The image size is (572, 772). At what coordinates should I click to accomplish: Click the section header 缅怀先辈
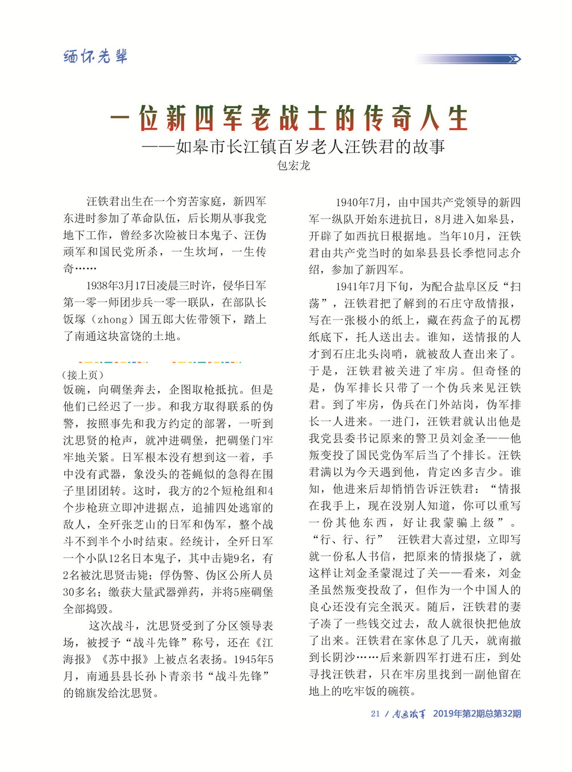[95, 56]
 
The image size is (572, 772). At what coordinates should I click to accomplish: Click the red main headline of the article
[289, 119]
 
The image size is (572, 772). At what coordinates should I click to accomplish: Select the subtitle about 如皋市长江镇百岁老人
[293, 147]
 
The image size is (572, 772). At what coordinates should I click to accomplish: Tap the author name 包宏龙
[293, 166]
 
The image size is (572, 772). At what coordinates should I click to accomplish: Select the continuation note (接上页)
[83, 375]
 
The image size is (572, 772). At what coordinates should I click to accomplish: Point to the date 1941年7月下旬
[372, 286]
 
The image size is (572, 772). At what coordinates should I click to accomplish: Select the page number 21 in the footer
[375, 714]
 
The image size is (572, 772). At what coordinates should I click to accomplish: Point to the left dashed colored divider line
[113, 362]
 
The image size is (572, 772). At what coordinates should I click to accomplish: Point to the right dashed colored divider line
[206, 362]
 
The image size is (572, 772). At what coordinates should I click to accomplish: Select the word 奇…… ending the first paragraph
[80, 268]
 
